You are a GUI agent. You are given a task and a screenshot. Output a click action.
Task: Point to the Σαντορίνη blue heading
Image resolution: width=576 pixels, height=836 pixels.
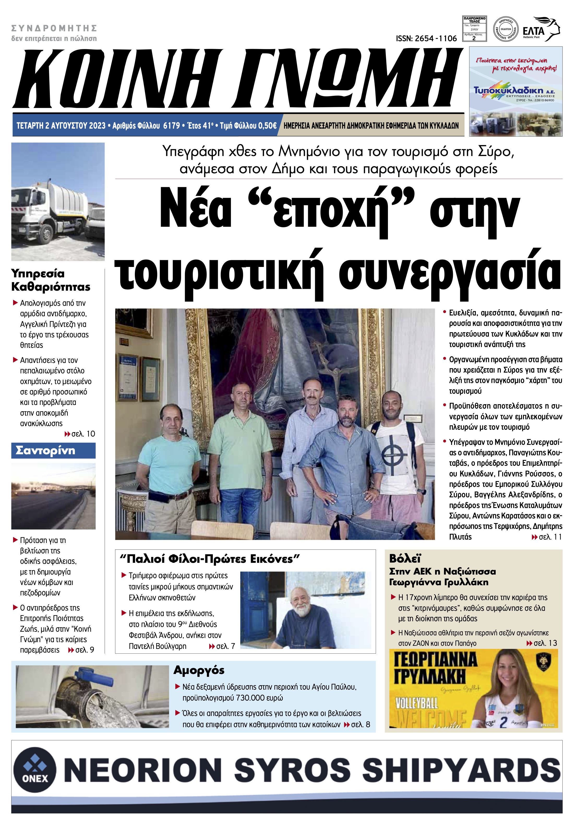click(45, 451)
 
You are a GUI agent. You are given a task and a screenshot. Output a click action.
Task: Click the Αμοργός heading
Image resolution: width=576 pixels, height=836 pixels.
click(199, 670)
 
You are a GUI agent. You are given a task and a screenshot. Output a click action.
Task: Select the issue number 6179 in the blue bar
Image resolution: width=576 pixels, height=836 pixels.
click(171, 126)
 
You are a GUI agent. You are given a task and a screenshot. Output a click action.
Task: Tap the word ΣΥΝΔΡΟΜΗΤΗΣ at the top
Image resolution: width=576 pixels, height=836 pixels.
click(54, 28)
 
